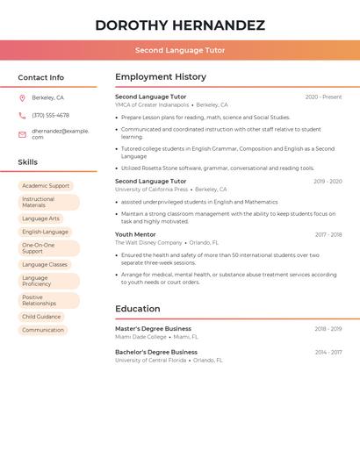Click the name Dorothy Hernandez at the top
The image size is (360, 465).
tap(180, 25)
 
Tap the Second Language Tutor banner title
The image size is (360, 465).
tap(180, 50)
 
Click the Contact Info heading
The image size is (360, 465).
tap(41, 77)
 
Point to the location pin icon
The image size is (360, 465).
tap(22, 97)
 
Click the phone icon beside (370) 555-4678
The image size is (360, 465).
tap(22, 115)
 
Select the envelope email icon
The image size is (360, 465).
tap(22, 134)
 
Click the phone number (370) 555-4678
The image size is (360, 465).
tap(50, 115)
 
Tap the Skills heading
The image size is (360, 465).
tap(28, 162)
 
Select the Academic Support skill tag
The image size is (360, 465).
tap(46, 186)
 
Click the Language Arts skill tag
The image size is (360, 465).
tap(41, 218)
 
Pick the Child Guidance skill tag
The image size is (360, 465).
tap(41, 317)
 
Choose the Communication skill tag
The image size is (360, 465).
tap(43, 330)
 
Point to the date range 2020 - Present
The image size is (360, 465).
tap(323, 97)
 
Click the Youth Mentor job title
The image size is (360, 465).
tap(135, 234)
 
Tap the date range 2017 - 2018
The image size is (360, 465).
tap(328, 234)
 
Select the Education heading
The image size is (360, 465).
tap(138, 309)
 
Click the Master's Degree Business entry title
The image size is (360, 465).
tap(153, 328)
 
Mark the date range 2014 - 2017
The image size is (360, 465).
tap(328, 352)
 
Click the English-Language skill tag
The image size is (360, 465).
tap(45, 232)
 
